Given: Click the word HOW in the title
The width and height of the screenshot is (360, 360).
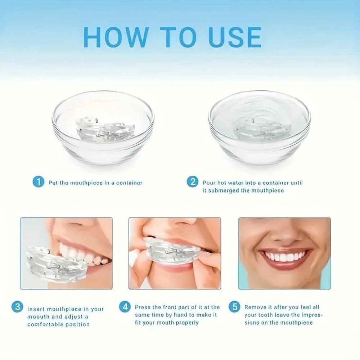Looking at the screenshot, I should point(115,37).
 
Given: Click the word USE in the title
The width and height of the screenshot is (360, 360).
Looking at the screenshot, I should point(235,37).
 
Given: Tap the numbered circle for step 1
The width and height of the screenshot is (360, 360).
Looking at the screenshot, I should point(39,182).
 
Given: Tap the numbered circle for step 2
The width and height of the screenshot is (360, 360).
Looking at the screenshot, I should point(192,182).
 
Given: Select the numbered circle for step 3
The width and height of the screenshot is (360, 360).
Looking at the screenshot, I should point(17,307).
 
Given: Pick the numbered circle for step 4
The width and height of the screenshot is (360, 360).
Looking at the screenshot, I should point(125,307).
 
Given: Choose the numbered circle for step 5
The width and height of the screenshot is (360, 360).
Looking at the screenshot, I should point(234,307).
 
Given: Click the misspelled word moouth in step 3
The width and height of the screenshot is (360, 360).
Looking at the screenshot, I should point(39,317).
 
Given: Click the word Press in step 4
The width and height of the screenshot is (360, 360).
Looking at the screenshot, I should point(143,307).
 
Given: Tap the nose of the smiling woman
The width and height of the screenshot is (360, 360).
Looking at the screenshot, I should point(284,234).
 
